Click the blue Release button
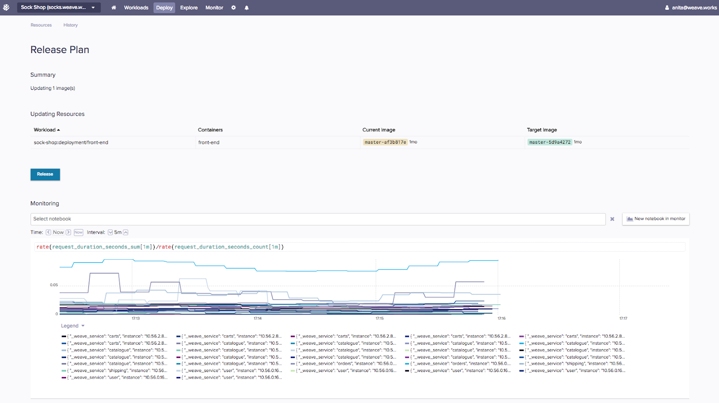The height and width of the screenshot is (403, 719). tap(45, 174)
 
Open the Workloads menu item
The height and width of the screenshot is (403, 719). tap(136, 8)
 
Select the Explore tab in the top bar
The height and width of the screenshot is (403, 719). tap(189, 8)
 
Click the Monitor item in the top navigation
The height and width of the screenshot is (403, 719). tap(214, 8)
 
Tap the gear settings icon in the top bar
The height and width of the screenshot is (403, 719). tap(234, 8)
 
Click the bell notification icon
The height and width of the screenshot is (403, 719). tap(247, 8)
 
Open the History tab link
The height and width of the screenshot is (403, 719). tap(71, 25)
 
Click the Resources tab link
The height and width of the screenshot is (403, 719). tap(41, 25)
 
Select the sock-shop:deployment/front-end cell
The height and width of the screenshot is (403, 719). tap(71, 142)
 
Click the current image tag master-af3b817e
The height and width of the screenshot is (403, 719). tap(385, 142)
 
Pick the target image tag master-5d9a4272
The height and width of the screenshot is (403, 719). tap(550, 142)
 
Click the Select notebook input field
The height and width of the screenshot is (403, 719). tap(318, 219)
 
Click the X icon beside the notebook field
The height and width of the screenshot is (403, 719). tap(612, 219)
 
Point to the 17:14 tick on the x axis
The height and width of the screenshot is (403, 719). tap(257, 319)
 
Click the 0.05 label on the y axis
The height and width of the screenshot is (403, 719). tap(54, 285)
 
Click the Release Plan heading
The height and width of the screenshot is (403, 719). tap(60, 50)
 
